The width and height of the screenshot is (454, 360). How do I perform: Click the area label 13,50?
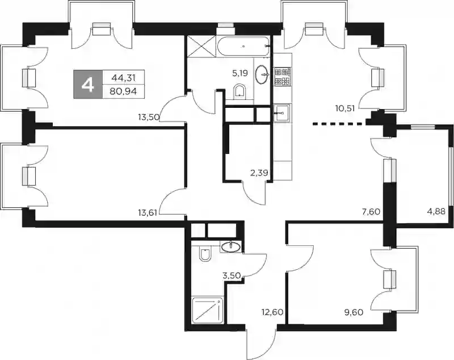coord(149,118)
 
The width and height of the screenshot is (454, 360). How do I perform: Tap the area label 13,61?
coord(148,213)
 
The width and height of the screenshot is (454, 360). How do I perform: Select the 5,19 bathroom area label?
coord(240,73)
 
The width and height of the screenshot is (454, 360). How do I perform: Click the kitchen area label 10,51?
coord(345,108)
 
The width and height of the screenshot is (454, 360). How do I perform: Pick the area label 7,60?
coord(371,211)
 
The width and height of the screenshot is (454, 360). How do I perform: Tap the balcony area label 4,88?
coord(436,211)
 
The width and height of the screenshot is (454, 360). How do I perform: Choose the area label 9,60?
coord(354,312)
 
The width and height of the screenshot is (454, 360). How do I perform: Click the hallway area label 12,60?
coord(273,312)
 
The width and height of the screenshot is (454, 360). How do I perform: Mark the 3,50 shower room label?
coord(232,275)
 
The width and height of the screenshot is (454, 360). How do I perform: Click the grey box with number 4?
coord(88,84)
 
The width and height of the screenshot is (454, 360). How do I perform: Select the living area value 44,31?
coord(124,77)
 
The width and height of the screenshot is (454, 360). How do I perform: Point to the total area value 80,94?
coord(123,91)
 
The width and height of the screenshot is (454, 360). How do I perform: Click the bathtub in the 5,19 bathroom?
coord(243,46)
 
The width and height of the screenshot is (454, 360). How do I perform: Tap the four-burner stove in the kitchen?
coord(282,77)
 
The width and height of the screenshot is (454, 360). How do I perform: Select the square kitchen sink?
coord(281,113)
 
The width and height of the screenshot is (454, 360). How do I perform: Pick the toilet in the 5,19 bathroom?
coord(239,91)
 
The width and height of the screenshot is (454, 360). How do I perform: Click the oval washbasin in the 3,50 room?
coord(230,247)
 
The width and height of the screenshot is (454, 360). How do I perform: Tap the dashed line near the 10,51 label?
coord(337,124)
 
